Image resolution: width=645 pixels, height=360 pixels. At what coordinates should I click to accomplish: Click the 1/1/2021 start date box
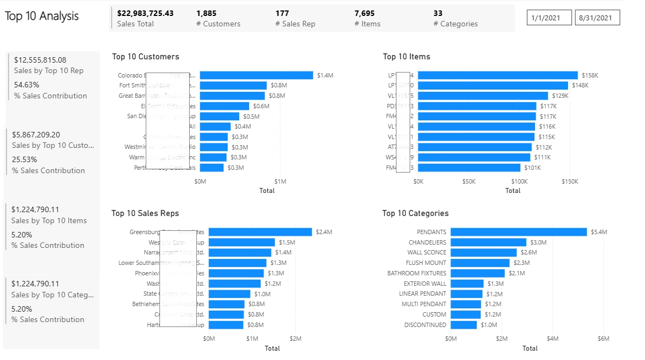click(x=549, y=18)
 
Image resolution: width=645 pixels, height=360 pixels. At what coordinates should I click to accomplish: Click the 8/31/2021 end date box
click(x=597, y=18)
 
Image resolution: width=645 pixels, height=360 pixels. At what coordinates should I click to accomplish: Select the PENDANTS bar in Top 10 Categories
click(x=519, y=232)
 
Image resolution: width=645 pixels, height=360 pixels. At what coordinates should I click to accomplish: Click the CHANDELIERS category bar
click(x=488, y=242)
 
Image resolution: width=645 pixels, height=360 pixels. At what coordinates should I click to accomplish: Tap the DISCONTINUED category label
click(x=425, y=325)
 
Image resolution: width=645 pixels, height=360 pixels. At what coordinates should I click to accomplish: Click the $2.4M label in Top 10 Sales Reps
click(x=324, y=232)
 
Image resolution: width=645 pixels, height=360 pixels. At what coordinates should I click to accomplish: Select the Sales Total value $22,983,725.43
click(x=145, y=13)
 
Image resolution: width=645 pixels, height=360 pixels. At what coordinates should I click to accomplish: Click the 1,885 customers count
click(x=206, y=13)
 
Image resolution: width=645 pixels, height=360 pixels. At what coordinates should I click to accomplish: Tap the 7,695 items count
click(x=365, y=13)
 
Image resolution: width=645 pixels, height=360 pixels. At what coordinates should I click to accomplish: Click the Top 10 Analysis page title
click(x=42, y=16)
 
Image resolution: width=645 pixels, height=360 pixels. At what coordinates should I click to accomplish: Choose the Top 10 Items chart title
click(x=406, y=57)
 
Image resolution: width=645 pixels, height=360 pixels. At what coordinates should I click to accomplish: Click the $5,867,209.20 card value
click(x=37, y=135)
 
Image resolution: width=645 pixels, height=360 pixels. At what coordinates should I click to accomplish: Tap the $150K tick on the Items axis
click(x=570, y=181)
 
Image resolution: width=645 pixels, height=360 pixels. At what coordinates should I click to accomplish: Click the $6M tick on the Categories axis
click(x=603, y=339)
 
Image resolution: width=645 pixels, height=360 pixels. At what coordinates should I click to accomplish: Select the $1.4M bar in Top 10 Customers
click(x=256, y=75)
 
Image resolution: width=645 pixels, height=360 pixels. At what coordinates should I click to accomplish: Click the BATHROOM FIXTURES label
click(x=417, y=273)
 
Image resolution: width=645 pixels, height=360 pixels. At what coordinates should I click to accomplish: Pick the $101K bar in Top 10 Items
click(x=469, y=168)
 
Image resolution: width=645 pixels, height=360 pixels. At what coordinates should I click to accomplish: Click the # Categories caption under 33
click(x=455, y=24)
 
